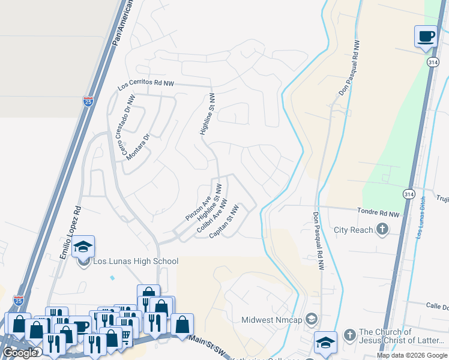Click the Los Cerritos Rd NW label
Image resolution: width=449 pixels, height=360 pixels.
click(x=146, y=85)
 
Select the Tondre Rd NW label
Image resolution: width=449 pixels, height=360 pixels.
click(x=378, y=212)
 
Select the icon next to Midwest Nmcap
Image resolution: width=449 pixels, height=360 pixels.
click(x=311, y=319)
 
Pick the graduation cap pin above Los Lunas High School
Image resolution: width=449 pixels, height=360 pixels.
click(x=83, y=247)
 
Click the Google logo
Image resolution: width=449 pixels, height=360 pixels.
click(x=20, y=353)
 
